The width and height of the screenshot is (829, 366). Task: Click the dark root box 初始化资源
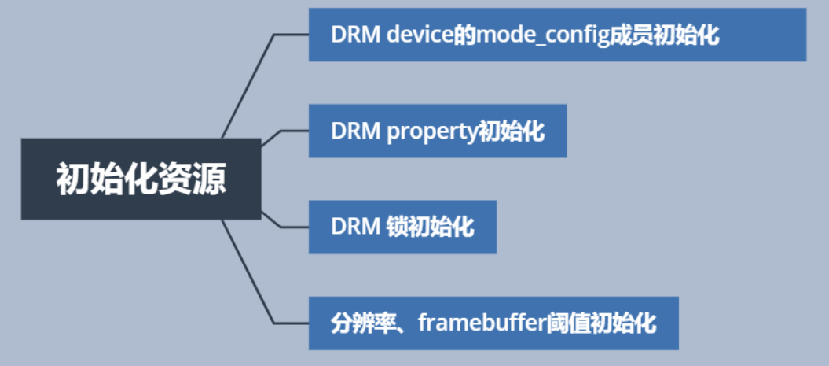(141, 179)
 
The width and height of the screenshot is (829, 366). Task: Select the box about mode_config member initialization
(557, 35)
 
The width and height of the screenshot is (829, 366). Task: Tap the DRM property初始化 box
(438, 131)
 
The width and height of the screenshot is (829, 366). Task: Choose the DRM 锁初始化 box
(402, 227)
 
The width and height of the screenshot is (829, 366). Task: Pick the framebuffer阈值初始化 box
(493, 323)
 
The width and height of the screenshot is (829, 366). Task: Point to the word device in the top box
(420, 35)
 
